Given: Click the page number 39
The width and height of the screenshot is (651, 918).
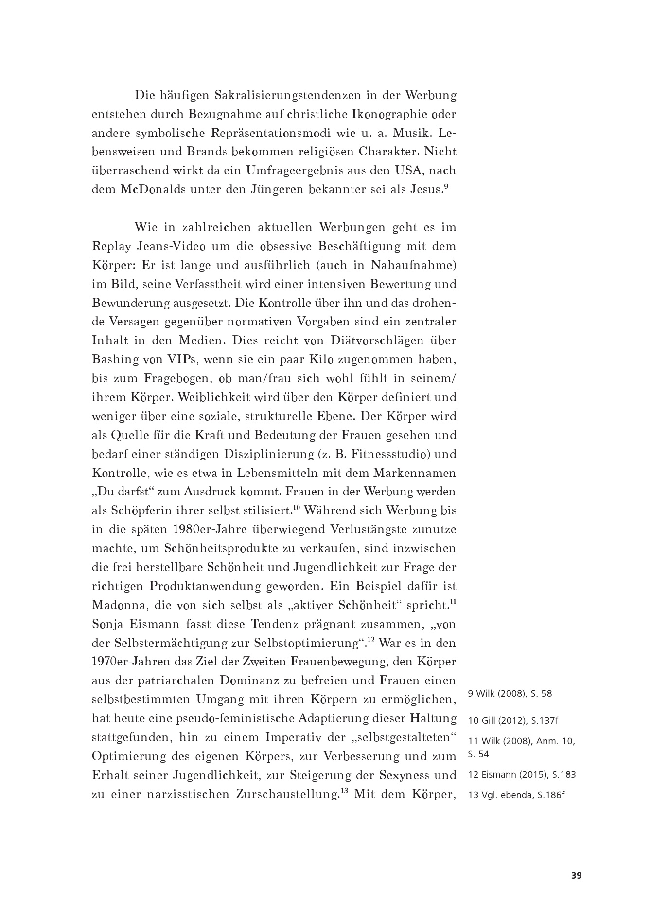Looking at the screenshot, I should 576,876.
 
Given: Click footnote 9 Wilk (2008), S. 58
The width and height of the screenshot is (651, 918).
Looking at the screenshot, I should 510,693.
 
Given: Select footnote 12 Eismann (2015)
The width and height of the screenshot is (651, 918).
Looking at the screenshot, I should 522,774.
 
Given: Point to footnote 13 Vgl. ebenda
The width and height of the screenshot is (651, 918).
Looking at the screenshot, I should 516,795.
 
